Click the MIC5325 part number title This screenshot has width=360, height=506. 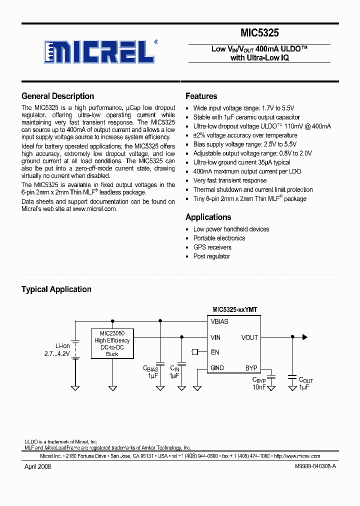259,33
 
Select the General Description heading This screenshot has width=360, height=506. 57,96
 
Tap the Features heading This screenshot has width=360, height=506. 201,96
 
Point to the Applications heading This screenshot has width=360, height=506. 208,217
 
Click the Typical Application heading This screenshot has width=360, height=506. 56,289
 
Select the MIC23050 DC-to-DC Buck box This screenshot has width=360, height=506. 112,343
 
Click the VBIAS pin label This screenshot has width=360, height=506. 219,322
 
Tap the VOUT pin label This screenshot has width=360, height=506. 249,337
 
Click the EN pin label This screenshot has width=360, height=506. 215,352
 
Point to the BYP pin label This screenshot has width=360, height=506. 251,368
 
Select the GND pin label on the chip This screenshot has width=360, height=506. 217,368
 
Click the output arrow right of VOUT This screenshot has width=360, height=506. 304,337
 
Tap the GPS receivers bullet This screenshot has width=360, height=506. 212,247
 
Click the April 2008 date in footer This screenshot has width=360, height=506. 37,466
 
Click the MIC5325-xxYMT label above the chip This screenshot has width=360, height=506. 235,310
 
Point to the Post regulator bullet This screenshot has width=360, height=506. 211,256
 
